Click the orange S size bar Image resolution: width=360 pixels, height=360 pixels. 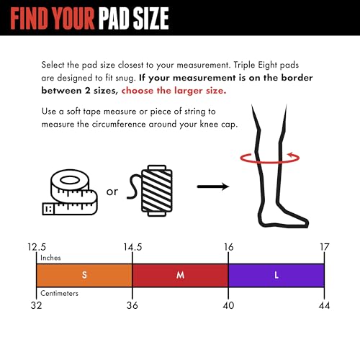click(x=84, y=275)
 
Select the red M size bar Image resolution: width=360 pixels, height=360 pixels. click(x=180, y=275)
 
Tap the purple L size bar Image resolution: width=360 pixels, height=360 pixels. click(x=276, y=275)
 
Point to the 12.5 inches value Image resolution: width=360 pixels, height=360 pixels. click(x=37, y=247)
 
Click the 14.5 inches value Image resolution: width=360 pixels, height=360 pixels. click(x=132, y=247)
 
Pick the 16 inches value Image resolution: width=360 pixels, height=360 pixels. click(x=228, y=247)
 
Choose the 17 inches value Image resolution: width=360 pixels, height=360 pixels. click(x=325, y=247)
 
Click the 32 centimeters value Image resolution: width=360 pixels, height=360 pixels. click(x=36, y=305)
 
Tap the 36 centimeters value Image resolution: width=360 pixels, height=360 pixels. click(x=132, y=305)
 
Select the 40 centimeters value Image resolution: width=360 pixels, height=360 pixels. click(x=228, y=305)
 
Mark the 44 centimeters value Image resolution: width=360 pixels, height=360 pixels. click(x=325, y=305)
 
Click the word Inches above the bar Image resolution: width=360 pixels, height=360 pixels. click(x=50, y=258)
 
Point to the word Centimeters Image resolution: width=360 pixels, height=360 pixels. click(x=59, y=293)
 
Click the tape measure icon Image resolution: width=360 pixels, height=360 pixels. click(x=70, y=192)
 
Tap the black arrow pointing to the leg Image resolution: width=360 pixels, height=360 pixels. click(x=213, y=186)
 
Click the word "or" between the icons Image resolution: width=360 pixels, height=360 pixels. click(x=112, y=192)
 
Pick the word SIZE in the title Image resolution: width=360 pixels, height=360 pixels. click(x=150, y=18)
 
